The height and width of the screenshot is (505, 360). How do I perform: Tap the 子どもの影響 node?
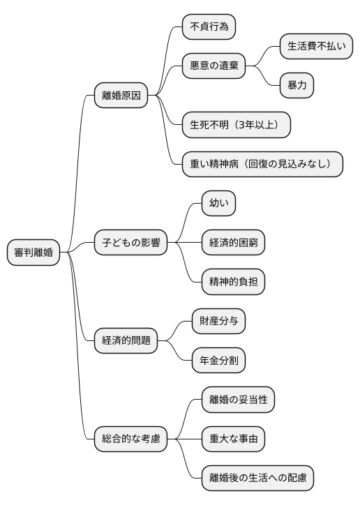click(x=131, y=243)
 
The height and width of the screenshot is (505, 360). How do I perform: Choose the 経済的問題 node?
click(x=126, y=340)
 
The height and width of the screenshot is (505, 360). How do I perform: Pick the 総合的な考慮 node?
click(x=131, y=439)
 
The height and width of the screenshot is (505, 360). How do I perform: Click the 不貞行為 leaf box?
click(x=209, y=27)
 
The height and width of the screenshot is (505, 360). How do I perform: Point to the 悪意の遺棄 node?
click(x=214, y=66)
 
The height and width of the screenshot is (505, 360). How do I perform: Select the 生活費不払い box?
click(x=316, y=46)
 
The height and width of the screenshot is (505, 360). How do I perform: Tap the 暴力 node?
click(x=297, y=85)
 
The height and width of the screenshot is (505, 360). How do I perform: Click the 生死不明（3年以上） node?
click(x=236, y=125)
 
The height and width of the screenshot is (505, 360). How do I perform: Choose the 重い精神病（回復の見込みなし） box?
click(x=262, y=164)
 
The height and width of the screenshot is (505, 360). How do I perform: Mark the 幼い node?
click(x=218, y=204)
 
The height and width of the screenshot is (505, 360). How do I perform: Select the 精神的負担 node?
click(x=233, y=282)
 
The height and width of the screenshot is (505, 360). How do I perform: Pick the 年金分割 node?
click(x=219, y=360)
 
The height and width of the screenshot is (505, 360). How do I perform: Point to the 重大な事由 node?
click(x=233, y=439)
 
